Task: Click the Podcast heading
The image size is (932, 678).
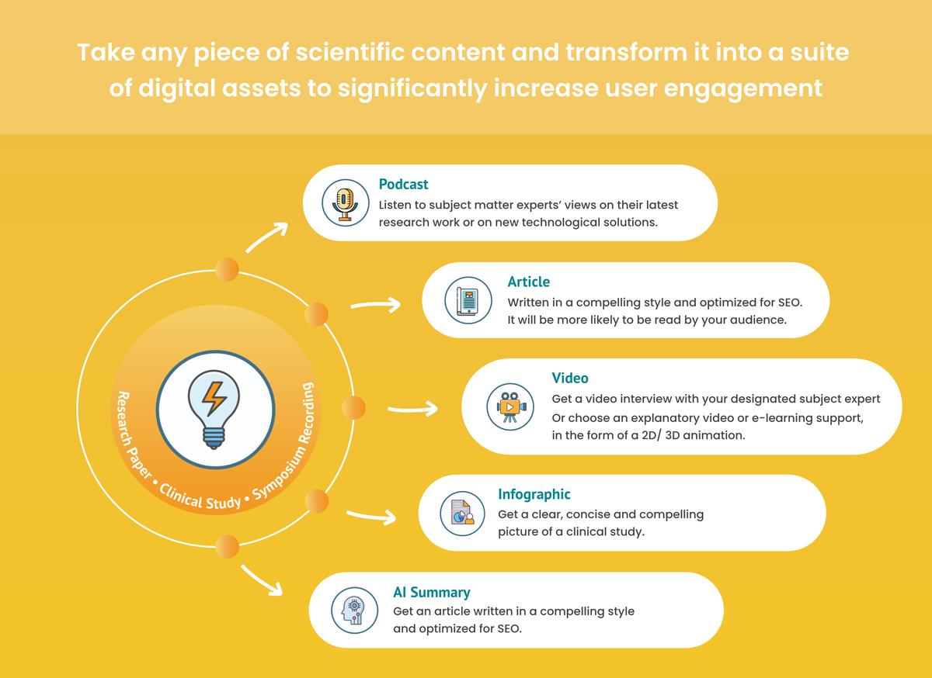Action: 403,184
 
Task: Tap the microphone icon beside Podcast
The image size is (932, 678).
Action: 345,204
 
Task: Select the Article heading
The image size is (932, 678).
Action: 528,282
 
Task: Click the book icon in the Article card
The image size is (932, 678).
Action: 468,300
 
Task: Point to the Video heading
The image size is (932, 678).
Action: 569,378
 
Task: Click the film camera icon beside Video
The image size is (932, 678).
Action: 510,406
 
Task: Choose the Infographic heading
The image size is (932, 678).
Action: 534,494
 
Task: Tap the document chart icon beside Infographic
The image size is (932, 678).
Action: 462,513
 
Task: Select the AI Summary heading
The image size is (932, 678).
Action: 432,592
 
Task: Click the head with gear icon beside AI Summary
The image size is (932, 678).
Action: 354,611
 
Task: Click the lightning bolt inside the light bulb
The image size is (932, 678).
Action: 214,398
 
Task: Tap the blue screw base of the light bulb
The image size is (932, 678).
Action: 214,438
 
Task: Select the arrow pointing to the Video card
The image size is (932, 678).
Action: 412,409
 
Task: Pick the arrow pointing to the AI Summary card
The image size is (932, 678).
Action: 262,580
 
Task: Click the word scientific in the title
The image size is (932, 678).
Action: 350,53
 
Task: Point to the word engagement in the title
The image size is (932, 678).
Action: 742,89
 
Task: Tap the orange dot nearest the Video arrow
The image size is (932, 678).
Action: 353,407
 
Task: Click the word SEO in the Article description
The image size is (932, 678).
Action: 789,303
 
